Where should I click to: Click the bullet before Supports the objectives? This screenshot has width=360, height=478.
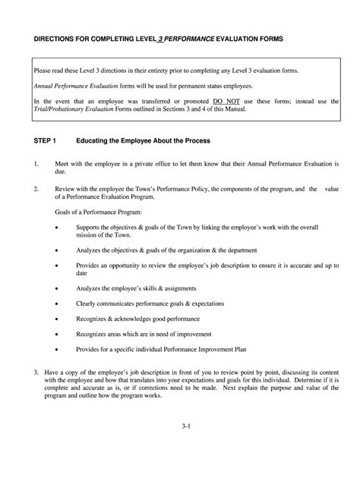pyautogui.click(x=58, y=227)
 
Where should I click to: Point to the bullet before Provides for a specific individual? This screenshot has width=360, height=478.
pyautogui.click(x=58, y=350)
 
